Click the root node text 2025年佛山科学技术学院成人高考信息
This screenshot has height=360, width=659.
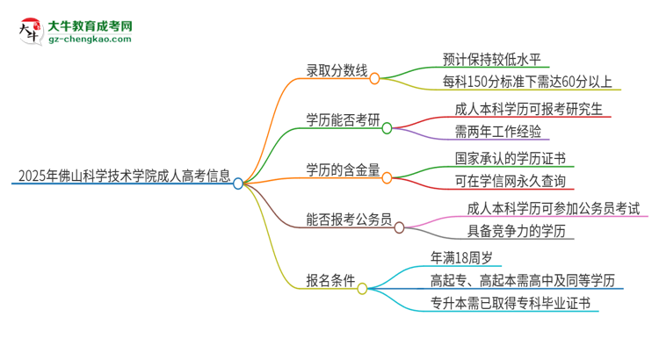pos(122,175)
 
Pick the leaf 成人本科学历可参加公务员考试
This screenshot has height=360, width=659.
pos(554,208)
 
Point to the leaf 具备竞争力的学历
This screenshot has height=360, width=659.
pos(511,231)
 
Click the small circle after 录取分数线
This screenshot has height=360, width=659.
pos(374,78)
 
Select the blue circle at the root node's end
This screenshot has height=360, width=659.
pos(238,184)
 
